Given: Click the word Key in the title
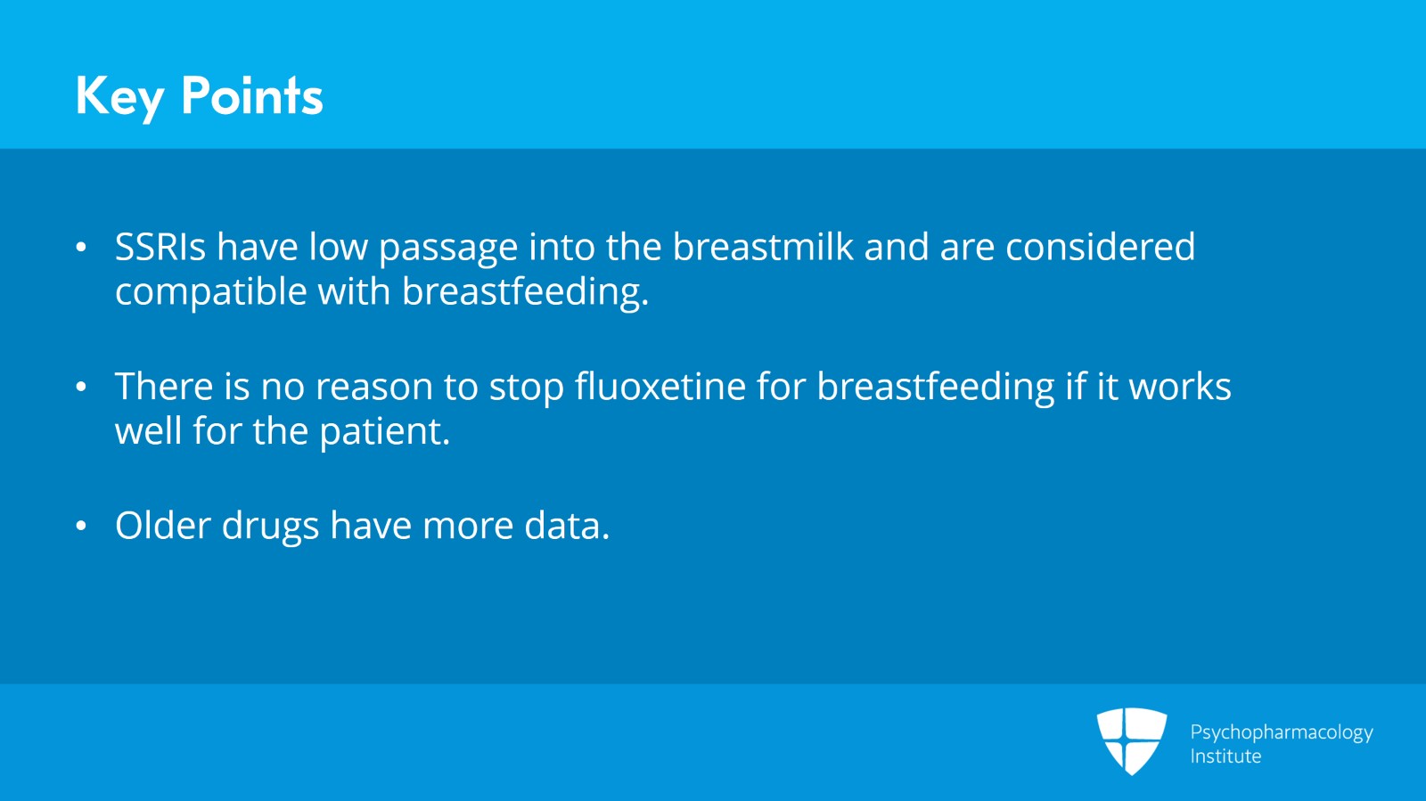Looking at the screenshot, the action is (120, 97).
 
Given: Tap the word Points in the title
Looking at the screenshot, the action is (252, 95).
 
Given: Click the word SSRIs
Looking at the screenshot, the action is (160, 247).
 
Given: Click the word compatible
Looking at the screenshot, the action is (210, 292).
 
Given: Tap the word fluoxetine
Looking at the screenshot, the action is (660, 386).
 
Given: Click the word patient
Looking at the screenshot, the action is (384, 432).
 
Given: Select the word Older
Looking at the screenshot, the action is (163, 526).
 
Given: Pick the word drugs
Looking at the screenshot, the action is (270, 527).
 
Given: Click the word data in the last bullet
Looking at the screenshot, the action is (567, 526).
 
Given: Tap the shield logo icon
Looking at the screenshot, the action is (1132, 741).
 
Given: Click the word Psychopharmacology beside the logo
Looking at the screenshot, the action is (1282, 733).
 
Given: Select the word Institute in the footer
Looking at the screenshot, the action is (1225, 756).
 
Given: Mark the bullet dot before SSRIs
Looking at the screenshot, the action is (81, 248).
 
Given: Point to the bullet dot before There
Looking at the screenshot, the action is (81, 387).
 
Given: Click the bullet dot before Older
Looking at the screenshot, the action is (81, 527).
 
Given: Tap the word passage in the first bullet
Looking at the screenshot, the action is (448, 248).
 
